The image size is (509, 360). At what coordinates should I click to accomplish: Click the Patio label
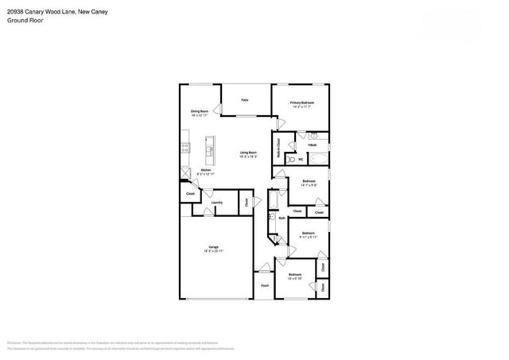pyautogui.click(x=245, y=100)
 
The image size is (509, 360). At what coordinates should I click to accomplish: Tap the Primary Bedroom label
pyautogui.click(x=301, y=103)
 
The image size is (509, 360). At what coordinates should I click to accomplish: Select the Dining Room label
pyautogui.click(x=199, y=111)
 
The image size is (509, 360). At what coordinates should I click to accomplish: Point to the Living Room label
pyautogui.click(x=248, y=153)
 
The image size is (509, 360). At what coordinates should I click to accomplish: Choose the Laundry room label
pyautogui.click(x=216, y=203)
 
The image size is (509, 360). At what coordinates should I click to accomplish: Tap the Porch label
pyautogui.click(x=265, y=285)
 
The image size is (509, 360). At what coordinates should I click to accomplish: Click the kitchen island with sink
pyautogui.click(x=210, y=147)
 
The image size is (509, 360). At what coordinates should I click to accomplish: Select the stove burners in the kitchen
pyautogui.click(x=184, y=146)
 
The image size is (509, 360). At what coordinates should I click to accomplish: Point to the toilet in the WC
pyautogui.click(x=291, y=160)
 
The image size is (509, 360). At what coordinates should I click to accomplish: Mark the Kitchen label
pyautogui.click(x=205, y=170)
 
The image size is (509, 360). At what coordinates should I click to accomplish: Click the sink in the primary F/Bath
pyautogui.click(x=313, y=136)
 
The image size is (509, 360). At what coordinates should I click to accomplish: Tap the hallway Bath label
pyautogui.click(x=282, y=217)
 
